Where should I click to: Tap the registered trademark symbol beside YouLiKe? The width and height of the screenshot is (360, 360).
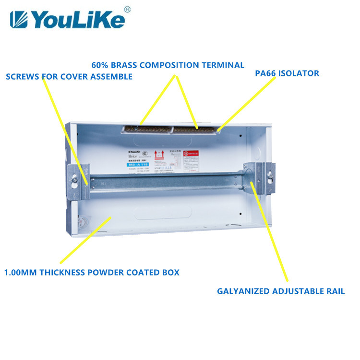point(127,9)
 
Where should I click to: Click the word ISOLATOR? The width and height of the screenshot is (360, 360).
point(300,73)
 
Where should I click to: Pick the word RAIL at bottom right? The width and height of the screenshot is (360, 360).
point(335,291)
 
